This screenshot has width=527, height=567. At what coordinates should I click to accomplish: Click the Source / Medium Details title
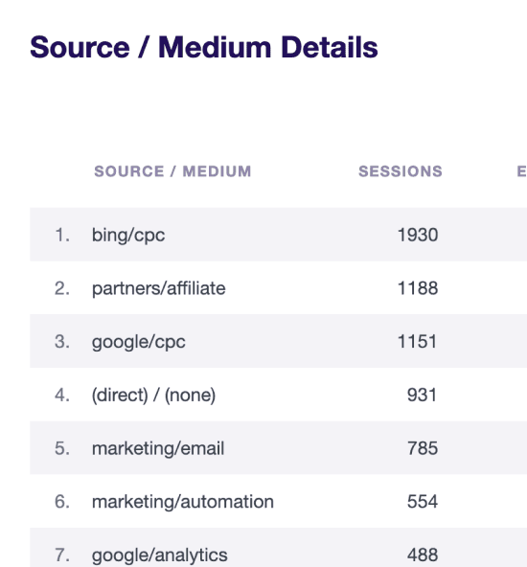coord(204,47)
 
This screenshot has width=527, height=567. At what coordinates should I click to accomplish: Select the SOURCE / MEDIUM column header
coord(172,171)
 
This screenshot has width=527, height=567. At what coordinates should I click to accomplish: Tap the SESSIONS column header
coord(401,171)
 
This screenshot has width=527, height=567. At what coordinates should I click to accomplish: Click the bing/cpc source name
coord(128,236)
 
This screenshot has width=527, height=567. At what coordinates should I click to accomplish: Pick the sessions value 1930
coord(418,235)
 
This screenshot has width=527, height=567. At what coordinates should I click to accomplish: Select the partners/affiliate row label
coord(159,288)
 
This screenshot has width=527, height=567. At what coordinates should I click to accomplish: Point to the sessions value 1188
coord(418,288)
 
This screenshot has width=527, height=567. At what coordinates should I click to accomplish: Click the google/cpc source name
coord(139,342)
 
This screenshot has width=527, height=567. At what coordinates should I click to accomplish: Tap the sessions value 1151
coord(417,341)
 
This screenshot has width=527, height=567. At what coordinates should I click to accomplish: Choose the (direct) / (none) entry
coord(153,395)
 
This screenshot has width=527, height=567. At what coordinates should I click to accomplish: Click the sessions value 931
coord(423,395)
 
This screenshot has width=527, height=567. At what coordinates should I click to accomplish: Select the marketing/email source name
coord(158,448)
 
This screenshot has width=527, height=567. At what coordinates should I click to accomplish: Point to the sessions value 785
coord(423,448)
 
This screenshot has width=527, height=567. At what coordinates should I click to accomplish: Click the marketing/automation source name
coord(183,502)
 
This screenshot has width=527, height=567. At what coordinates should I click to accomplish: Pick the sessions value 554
coord(423,502)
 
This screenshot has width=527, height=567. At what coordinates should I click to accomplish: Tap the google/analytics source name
coord(159,556)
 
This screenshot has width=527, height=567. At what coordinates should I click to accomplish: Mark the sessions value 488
coord(423,555)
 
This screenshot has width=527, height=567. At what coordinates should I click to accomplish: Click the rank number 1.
coord(62,235)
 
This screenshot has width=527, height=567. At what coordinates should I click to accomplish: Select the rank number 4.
coord(62,395)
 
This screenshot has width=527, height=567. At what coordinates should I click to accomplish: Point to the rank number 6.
coord(62,502)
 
